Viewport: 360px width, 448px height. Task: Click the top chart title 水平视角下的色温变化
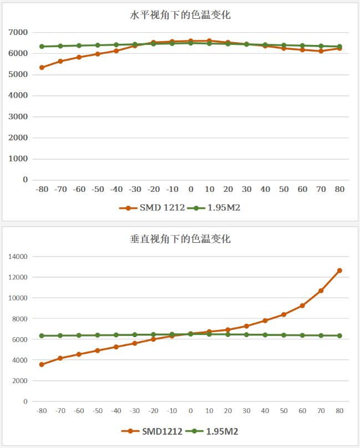pyautogui.click(x=180, y=15)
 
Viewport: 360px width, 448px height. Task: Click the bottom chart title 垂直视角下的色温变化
pyautogui.click(x=180, y=240)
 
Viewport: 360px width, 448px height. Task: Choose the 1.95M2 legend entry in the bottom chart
pyautogui.click(x=215, y=431)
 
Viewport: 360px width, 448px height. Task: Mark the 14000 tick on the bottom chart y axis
pyautogui.click(x=17, y=257)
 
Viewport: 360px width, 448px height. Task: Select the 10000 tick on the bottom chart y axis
pyautogui.click(x=17, y=298)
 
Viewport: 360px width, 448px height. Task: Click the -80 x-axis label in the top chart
pyautogui.click(x=42, y=189)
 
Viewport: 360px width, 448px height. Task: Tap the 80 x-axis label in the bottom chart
pyautogui.click(x=339, y=411)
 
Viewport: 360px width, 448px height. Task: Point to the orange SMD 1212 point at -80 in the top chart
pyautogui.click(x=42, y=68)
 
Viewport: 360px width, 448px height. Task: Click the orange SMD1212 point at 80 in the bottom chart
pyautogui.click(x=339, y=271)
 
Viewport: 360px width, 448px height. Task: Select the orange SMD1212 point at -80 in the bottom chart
pyautogui.click(x=42, y=364)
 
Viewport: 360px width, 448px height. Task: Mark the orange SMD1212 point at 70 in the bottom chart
pyautogui.click(x=321, y=291)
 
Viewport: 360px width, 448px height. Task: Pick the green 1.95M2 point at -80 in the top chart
pyautogui.click(x=42, y=47)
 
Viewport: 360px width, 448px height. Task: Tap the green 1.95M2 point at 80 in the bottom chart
pyautogui.click(x=339, y=335)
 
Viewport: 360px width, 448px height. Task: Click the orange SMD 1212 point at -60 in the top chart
pyautogui.click(x=79, y=57)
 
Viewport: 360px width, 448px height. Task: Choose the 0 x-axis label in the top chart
pyautogui.click(x=191, y=189)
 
